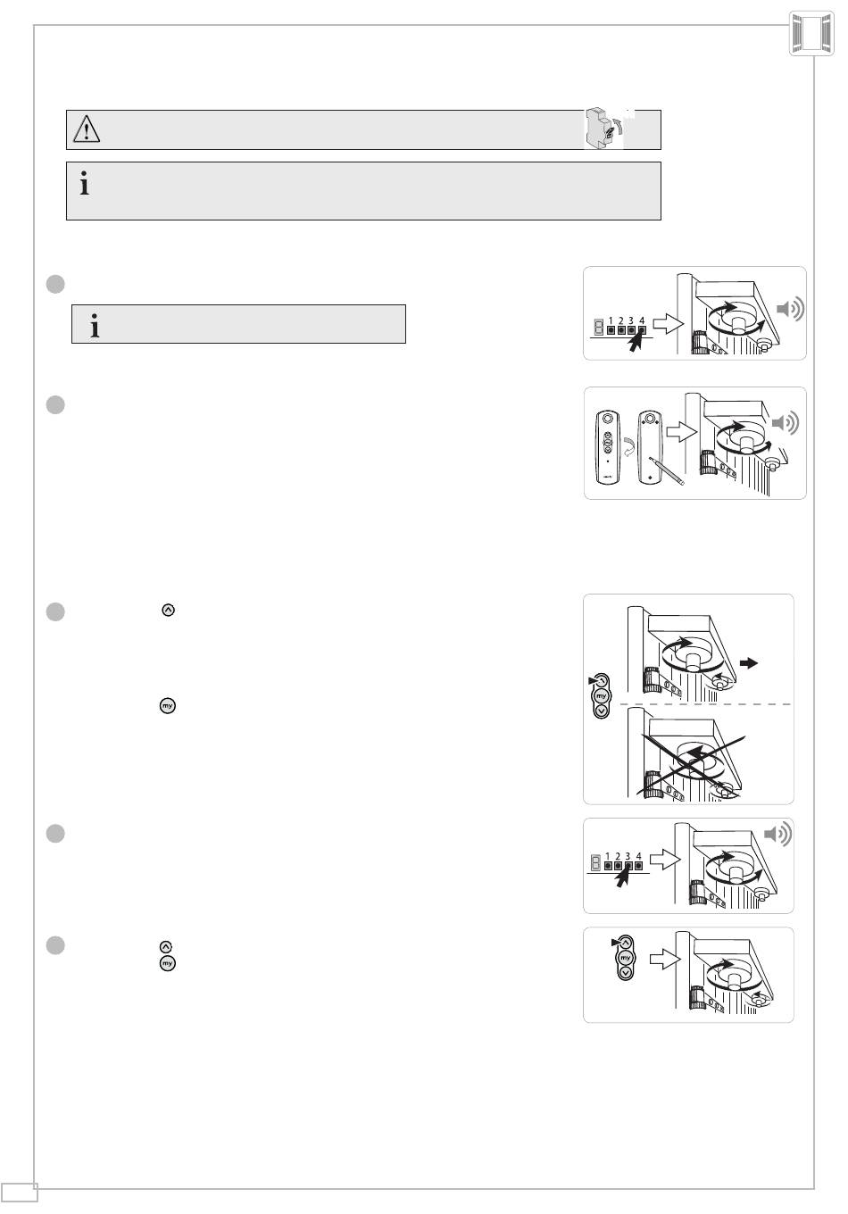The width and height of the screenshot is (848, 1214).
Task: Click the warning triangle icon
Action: click(x=87, y=129)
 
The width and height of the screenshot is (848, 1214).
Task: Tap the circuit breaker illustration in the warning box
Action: click(x=603, y=128)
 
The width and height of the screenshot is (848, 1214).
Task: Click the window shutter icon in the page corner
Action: click(x=811, y=33)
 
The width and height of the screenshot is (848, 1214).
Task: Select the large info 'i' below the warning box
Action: click(x=85, y=183)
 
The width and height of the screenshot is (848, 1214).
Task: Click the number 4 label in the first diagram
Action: click(x=642, y=320)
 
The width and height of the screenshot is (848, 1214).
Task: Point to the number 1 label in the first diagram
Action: click(x=611, y=320)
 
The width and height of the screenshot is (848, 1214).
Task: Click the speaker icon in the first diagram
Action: click(x=791, y=309)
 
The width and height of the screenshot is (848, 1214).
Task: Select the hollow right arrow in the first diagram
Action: click(x=669, y=324)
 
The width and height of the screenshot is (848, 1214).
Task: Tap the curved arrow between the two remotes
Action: click(x=629, y=448)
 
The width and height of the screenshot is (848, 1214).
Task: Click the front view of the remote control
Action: click(x=608, y=447)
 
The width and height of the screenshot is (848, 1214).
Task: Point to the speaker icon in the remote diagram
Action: click(x=786, y=423)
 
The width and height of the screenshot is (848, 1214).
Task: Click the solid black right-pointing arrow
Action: click(x=749, y=662)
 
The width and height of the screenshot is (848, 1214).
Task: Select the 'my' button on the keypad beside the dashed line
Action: click(x=602, y=696)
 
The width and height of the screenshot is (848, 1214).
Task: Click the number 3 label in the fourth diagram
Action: click(x=628, y=856)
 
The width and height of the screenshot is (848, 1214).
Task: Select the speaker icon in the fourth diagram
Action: click(x=777, y=834)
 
